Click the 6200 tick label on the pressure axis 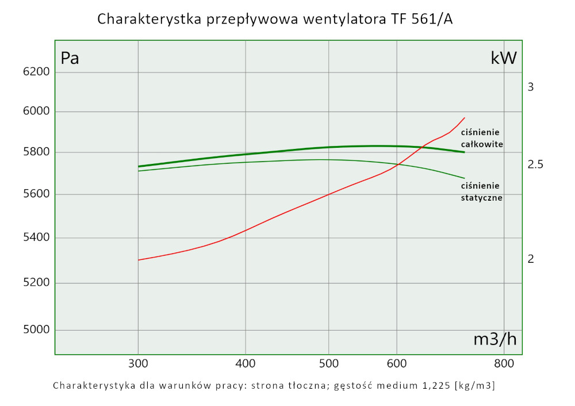click(x=37, y=71)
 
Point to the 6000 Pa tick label click(x=37, y=112)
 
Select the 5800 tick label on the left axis click(x=37, y=152)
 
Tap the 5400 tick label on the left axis click(x=37, y=238)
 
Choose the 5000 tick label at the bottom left click(x=37, y=330)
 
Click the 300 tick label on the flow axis click(x=138, y=363)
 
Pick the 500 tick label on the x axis click(x=328, y=363)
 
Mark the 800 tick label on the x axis click(x=504, y=363)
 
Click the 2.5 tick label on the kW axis click(x=535, y=165)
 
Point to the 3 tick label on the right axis click(x=531, y=87)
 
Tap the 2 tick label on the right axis click(x=531, y=259)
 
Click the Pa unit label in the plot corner click(x=70, y=58)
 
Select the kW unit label click(x=504, y=58)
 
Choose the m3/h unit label click(x=494, y=339)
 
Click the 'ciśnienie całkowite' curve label click(x=482, y=139)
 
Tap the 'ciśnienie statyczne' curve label click(x=482, y=191)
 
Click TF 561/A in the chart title click(x=424, y=20)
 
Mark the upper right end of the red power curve click(x=464, y=117)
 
